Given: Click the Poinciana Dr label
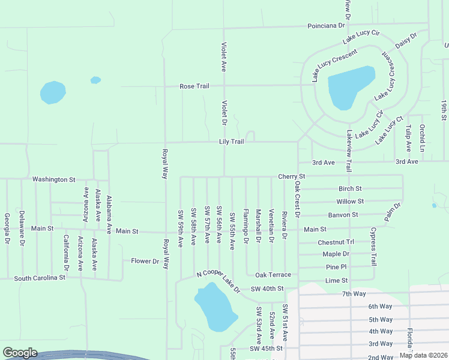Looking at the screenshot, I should (x=327, y=26).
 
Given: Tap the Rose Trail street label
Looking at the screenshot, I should (x=194, y=86).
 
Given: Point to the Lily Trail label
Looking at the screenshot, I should (x=231, y=142).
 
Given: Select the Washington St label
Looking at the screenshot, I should (x=54, y=179).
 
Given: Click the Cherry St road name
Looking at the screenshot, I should (x=292, y=176).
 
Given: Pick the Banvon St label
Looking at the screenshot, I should (x=343, y=214).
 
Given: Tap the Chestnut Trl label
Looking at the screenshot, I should (x=336, y=242).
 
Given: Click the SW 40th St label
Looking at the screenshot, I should (x=267, y=289).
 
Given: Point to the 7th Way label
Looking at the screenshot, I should (x=354, y=293).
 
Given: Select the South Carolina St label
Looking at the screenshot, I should (x=40, y=278).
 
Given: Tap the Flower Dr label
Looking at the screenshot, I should (x=145, y=261).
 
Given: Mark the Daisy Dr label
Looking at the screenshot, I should (x=406, y=41).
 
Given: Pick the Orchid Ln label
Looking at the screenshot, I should (x=423, y=138).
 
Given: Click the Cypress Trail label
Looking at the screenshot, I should (x=373, y=246).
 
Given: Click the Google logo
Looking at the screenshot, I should (x=20, y=353).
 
